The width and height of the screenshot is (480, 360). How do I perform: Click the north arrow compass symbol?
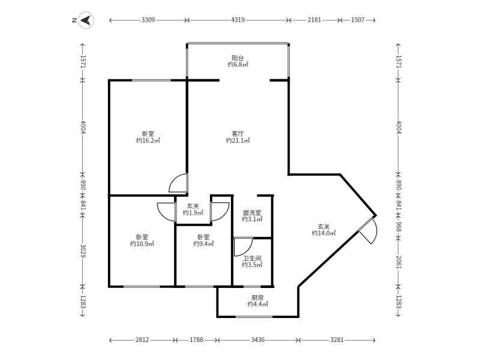[x=87, y=20]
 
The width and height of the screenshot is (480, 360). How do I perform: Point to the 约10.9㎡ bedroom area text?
[x=142, y=244]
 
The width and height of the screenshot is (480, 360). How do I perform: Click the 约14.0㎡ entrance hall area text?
[x=323, y=233]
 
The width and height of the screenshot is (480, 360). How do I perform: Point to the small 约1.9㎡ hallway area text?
[x=193, y=212]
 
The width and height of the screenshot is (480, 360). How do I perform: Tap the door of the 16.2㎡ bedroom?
[x=179, y=182]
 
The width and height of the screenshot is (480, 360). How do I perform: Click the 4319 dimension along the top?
[x=238, y=20]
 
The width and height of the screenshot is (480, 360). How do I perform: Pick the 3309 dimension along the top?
[x=148, y=20]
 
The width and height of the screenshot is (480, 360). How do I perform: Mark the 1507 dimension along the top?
[x=358, y=20]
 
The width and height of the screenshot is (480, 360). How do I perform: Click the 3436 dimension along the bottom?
[x=258, y=340]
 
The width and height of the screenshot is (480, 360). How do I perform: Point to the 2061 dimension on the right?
[x=398, y=262]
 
